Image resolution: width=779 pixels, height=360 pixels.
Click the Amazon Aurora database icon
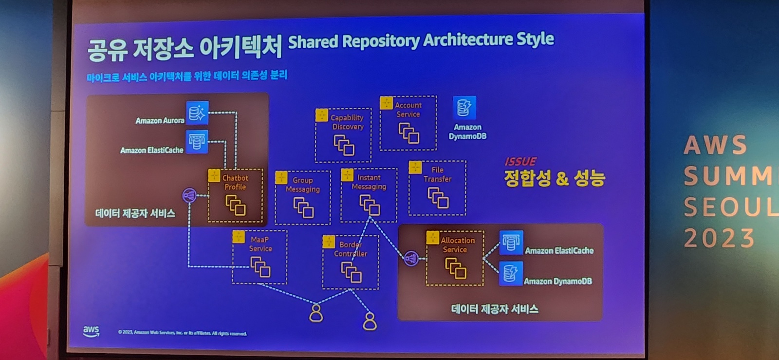(197, 113)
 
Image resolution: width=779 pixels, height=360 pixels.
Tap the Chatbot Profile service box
(236, 195)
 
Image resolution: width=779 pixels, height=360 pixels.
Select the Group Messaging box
(303, 197)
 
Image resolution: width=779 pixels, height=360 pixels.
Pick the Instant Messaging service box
(369, 195)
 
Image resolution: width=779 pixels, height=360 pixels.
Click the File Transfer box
(437, 188)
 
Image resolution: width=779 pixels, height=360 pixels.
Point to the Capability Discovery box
(343, 135)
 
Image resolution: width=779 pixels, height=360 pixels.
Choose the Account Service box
(408, 123)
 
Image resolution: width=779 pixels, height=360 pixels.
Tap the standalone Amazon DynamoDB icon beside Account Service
(464, 107)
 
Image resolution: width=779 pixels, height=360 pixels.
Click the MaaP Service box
(260, 257)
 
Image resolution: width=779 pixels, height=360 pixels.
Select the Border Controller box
(351, 262)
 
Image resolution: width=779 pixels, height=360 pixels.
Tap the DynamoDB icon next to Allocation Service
(511, 273)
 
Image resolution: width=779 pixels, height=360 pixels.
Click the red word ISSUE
(520, 162)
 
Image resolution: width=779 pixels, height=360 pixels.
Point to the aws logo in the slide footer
(91, 331)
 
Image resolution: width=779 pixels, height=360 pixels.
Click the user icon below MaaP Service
(316, 313)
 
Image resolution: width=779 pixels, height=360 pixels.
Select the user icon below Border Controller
(370, 321)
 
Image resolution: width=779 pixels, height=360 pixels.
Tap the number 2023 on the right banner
(719, 239)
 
